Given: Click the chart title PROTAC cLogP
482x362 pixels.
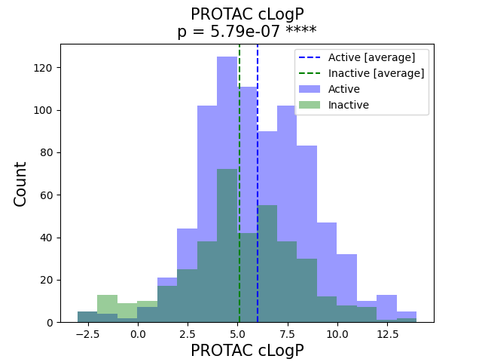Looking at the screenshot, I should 247,14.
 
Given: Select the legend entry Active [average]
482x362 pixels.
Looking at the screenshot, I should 371,58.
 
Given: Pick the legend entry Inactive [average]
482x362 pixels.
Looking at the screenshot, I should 376,73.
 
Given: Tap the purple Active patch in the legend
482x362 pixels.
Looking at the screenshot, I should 310,89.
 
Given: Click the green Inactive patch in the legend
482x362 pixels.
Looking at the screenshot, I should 310,105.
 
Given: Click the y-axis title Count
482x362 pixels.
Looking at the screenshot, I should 21,183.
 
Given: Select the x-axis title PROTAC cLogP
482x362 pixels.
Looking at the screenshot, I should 247,351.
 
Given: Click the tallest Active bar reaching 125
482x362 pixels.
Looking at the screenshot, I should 227,113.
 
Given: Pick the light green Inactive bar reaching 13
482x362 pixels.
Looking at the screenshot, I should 107,299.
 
